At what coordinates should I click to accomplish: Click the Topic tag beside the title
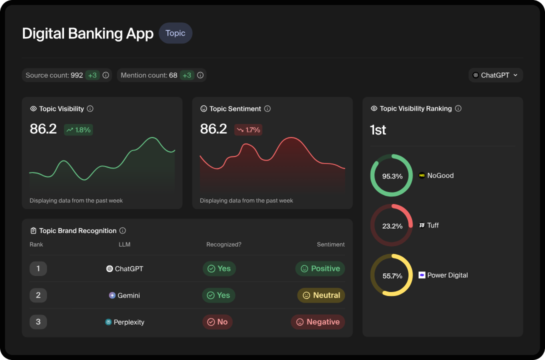(175, 33)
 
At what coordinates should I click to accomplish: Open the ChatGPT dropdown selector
(495, 75)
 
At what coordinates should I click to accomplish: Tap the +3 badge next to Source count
(92, 75)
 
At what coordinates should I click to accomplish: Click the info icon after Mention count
(200, 75)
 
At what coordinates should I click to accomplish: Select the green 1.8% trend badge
(78, 130)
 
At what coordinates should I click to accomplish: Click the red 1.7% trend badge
(248, 130)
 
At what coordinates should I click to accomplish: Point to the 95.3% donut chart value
(392, 176)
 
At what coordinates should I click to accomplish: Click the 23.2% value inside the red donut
(392, 226)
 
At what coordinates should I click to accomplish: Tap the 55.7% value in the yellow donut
(392, 276)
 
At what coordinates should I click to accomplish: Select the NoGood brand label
(440, 175)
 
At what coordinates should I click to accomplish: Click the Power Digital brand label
(447, 275)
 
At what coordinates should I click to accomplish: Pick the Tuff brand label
(432, 225)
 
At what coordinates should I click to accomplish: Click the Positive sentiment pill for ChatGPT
(320, 268)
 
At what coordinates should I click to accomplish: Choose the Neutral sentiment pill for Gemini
(321, 295)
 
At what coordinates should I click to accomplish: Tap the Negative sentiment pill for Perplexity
(318, 322)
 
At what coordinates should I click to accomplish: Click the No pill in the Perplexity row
(217, 322)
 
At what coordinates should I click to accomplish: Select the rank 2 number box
(38, 295)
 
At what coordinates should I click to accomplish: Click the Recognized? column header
(223, 244)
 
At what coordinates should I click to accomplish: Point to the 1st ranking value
(378, 130)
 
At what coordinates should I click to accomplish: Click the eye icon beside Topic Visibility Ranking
(373, 108)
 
